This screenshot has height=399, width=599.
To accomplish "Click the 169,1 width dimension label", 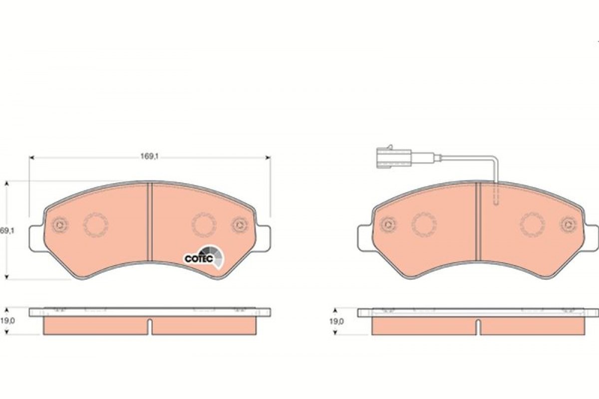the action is coord(150,156).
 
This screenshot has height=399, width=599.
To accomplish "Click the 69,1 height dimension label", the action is coord(7,231).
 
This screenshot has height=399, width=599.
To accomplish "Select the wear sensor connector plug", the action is coord(394,158).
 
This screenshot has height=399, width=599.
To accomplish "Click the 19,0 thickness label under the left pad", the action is coord(7,321).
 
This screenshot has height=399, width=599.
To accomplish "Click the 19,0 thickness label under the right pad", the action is coord(336,322).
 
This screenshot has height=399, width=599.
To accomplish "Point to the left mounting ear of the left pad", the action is coord(36,238).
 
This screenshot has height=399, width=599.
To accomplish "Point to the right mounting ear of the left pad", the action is coord(263,238).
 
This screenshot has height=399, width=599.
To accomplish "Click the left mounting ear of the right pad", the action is coord(365,238).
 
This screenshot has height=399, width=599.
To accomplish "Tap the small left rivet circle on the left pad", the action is coord(60,225).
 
